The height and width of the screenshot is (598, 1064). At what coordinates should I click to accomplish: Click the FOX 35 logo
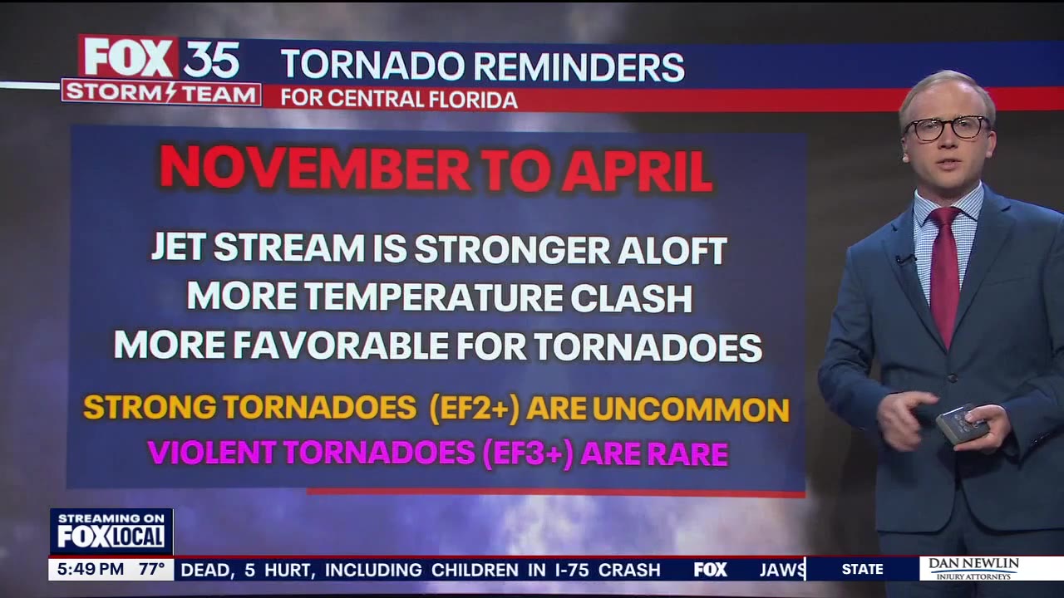coord(161,58)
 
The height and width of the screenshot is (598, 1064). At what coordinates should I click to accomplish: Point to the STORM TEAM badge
coord(161,93)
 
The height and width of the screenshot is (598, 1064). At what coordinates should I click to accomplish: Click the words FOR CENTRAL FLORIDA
coord(398,99)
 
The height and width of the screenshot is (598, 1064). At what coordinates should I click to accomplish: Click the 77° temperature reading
coord(152,570)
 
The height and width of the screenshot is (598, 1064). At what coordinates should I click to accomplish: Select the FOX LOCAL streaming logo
coord(111,532)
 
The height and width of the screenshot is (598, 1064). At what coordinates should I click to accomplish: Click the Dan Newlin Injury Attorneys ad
coord(973,569)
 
